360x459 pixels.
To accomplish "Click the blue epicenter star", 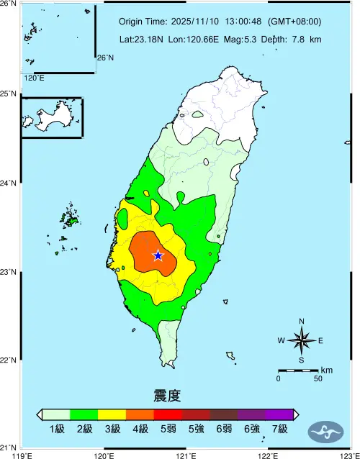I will point(158,255).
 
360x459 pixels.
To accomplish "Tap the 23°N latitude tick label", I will point(8,272).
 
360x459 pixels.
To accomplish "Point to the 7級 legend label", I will point(279,430).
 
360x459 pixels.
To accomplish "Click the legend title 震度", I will point(167,396).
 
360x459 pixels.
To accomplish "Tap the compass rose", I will point(301,340).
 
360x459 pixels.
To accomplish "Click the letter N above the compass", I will point(301,322).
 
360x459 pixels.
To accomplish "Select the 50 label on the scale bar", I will point(318,378).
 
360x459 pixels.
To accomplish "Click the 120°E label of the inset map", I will point(34,78).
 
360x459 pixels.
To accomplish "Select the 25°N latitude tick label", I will point(8,94).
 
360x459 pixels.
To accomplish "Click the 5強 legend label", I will point(196,430).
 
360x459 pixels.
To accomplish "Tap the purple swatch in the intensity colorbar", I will point(279,414).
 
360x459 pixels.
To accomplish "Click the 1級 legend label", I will point(56,430).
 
